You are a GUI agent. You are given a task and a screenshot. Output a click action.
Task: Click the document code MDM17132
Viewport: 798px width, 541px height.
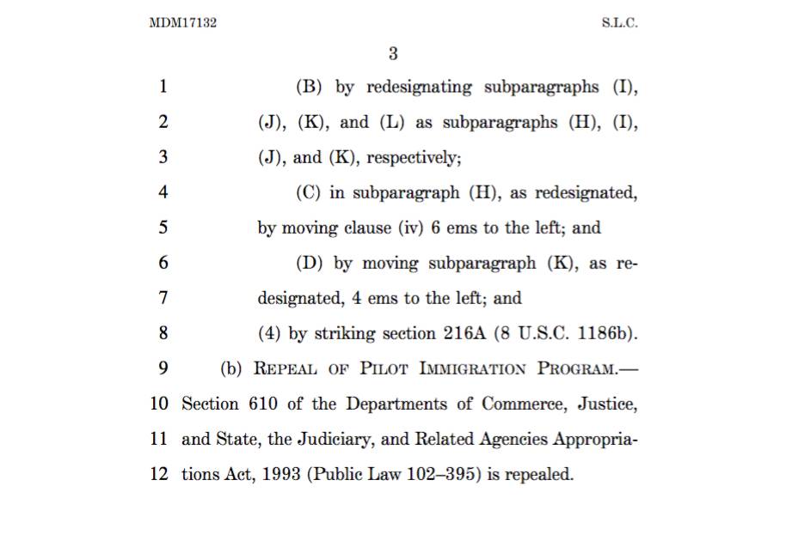[182, 23]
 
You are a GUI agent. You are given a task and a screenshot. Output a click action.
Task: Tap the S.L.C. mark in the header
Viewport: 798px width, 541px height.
[620, 23]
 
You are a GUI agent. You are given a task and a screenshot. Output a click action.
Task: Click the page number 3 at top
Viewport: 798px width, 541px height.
[393, 54]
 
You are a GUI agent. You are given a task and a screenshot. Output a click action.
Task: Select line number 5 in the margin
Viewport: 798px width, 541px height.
[163, 228]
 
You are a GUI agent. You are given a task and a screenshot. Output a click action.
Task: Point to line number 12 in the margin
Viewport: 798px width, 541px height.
[160, 474]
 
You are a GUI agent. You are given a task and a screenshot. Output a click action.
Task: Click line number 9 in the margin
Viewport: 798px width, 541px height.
[163, 369]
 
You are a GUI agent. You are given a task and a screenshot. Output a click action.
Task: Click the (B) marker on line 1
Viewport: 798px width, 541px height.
[310, 87]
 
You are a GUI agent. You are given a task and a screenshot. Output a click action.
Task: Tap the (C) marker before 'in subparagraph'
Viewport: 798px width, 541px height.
[309, 193]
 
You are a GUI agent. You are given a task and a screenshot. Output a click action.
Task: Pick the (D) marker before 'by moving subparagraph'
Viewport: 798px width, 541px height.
[310, 264]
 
